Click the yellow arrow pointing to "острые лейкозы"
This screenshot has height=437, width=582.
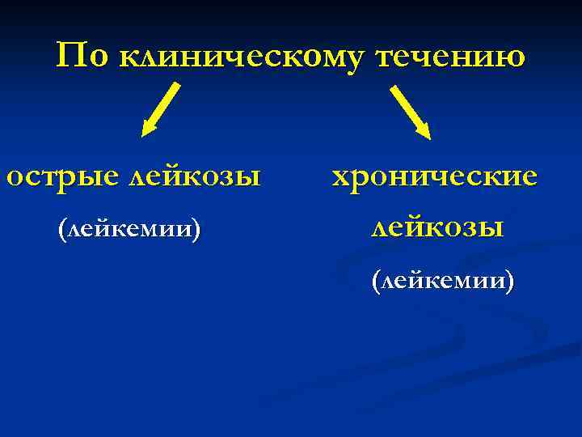pyautogui.click(x=161, y=108)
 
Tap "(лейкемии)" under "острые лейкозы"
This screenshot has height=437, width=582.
pyautogui.click(x=129, y=228)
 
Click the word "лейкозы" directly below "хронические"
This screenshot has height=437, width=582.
pyautogui.click(x=436, y=227)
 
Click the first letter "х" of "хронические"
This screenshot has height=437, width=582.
pyautogui.click(x=342, y=176)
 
